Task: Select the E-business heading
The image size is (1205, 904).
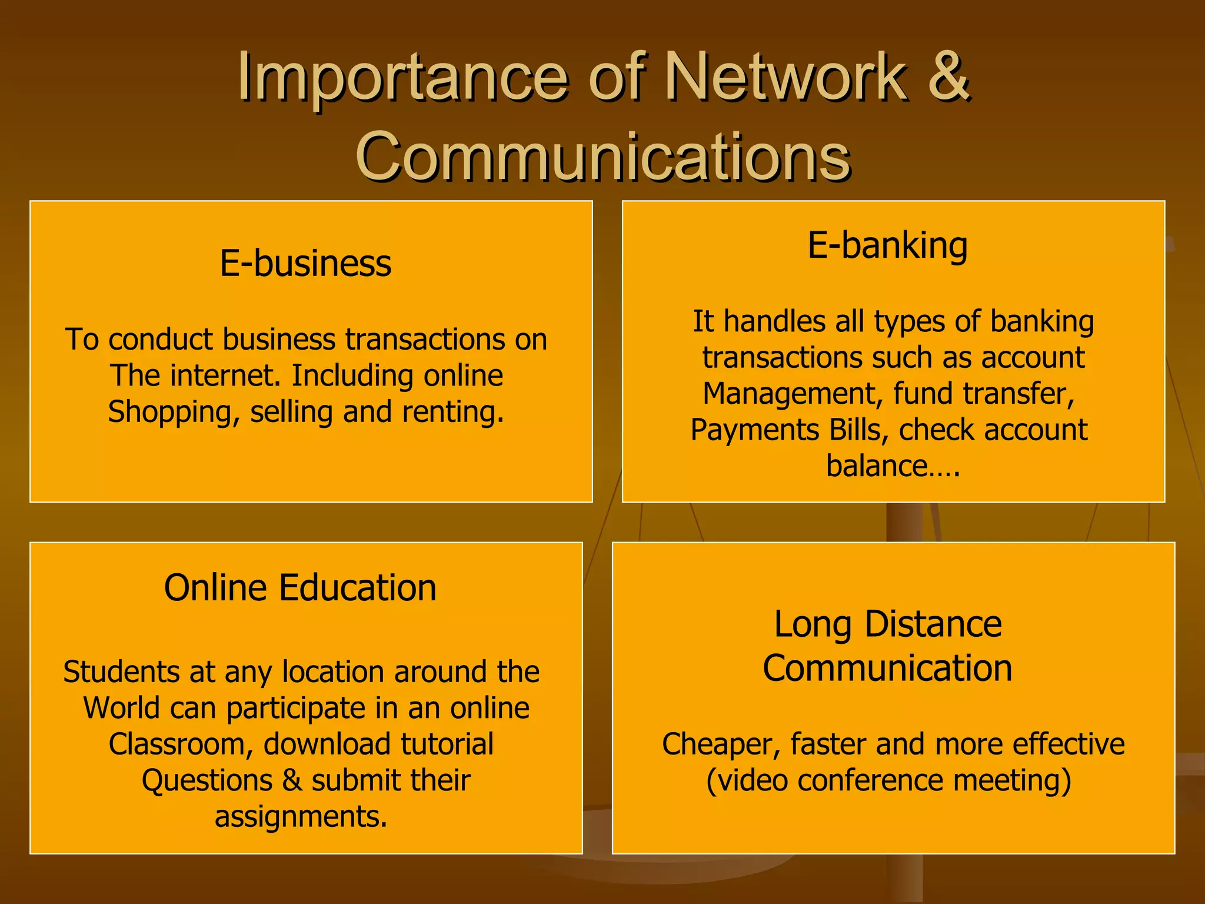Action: pos(305,263)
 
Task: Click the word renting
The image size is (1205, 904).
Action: pos(453,412)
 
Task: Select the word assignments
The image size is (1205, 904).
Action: pos(301,816)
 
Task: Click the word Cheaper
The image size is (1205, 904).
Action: pos(721,744)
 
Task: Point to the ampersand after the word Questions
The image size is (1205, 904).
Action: pos(292,780)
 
